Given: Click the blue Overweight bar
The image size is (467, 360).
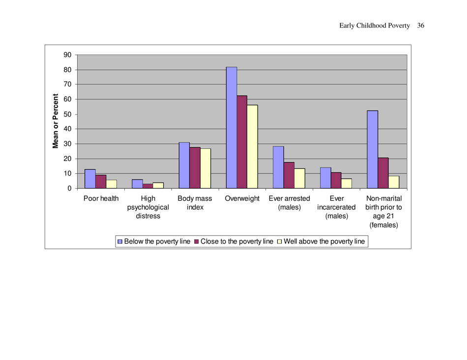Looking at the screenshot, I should tap(231, 128).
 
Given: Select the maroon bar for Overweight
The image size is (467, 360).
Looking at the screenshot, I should tap(242, 142).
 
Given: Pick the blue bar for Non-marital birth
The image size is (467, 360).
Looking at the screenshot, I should tap(372, 149).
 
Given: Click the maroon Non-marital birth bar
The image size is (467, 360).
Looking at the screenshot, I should tap(383, 173).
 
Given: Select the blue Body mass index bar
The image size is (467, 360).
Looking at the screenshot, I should tap(184, 165).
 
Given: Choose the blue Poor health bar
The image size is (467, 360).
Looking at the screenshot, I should tap(90, 179).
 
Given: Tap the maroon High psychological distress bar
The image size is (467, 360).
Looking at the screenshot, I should tap(147, 186).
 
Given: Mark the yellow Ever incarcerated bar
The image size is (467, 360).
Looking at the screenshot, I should tap(347, 183).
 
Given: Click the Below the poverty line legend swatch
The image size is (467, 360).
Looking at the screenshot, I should tap(119, 242).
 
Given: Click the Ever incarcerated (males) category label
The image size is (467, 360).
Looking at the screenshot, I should tap(336, 207).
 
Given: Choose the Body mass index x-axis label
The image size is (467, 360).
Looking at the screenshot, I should tap(195, 203).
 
